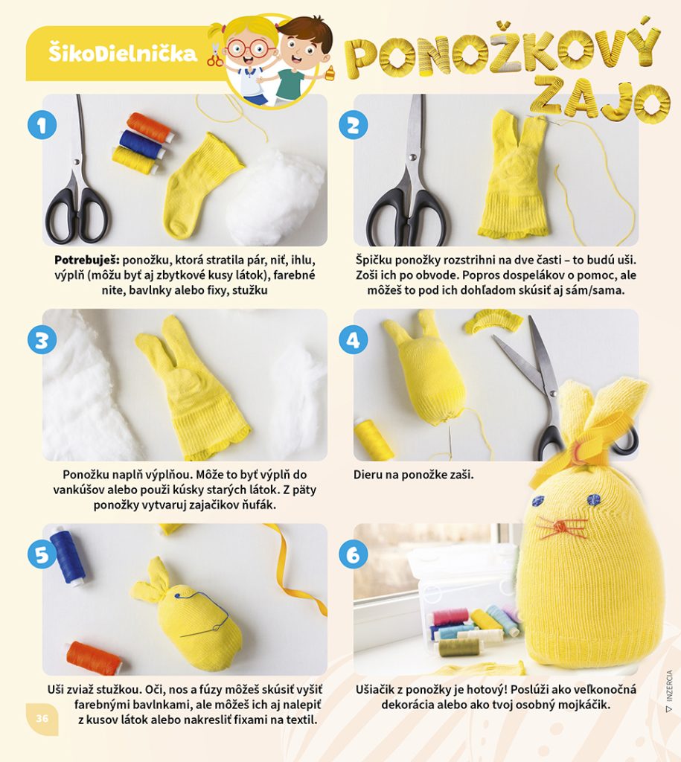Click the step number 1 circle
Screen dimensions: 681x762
click(42, 125)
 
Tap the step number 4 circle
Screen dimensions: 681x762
click(354, 339)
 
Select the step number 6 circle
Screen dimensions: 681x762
click(354, 554)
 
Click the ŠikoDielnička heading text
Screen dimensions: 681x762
click(123, 53)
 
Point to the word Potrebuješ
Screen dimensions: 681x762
click(87, 260)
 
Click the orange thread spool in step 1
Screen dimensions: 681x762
click(151, 128)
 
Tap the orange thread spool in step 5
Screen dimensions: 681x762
click(95, 658)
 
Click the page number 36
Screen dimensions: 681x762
click(42, 718)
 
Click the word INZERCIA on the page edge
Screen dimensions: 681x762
click(669, 685)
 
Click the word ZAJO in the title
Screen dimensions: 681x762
click(601, 99)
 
